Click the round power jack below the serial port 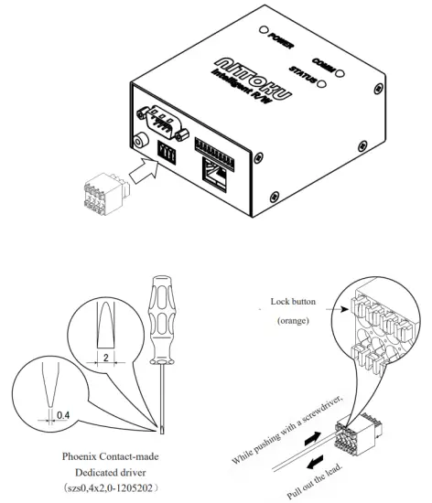tap(139, 141)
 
